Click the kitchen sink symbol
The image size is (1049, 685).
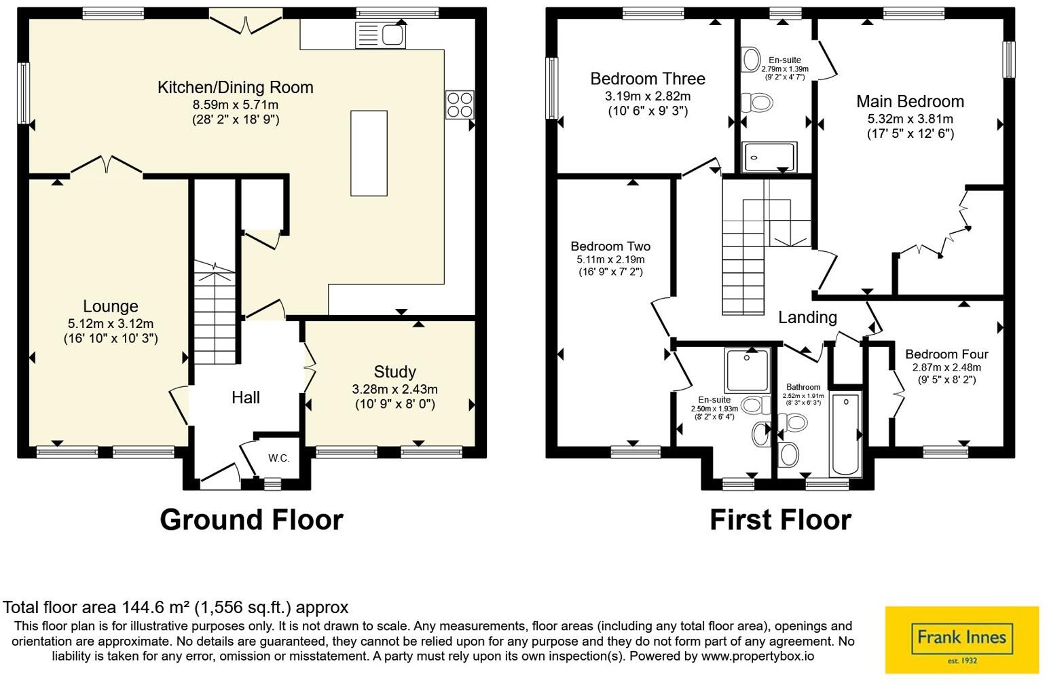[x=380, y=35]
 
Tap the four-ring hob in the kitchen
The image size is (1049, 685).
[x=460, y=105]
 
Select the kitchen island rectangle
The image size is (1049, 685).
[x=369, y=153]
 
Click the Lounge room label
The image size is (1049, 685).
[x=111, y=306]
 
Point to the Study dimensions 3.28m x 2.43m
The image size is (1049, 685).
[x=394, y=389]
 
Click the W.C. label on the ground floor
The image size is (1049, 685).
[x=278, y=458]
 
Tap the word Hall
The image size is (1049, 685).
[x=246, y=397]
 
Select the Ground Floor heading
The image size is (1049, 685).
[x=251, y=520]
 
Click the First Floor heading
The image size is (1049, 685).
[x=780, y=520]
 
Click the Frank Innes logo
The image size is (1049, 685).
[x=961, y=640]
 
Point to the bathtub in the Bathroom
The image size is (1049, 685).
[x=845, y=434]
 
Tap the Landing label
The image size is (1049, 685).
[x=807, y=317]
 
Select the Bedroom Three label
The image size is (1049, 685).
[x=648, y=79]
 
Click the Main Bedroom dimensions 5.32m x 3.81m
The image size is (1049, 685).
[x=910, y=119]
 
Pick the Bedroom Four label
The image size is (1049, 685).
[x=946, y=354]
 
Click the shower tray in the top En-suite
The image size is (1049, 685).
[x=769, y=157]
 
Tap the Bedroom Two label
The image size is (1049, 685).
[x=610, y=246]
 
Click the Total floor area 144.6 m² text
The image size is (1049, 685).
[x=175, y=607]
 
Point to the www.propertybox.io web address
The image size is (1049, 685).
[x=757, y=656]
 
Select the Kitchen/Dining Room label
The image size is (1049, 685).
[x=236, y=88]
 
